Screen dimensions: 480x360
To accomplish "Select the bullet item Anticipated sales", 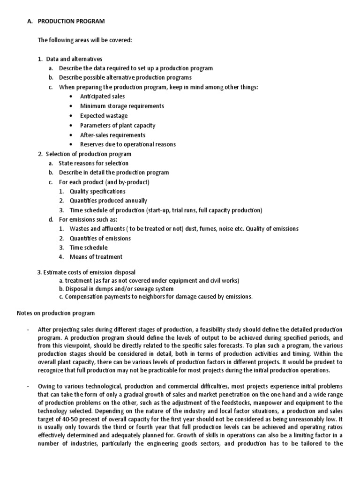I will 102,97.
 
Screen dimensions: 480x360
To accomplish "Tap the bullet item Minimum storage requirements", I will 122,106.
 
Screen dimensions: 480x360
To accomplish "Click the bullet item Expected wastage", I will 104,116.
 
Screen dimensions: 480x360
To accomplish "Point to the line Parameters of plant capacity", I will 118,125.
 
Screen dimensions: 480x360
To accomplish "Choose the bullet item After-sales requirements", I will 112,135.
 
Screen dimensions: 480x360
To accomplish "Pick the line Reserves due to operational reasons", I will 128,144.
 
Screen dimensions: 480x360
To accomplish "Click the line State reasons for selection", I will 93,163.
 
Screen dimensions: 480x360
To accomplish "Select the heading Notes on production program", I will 56,313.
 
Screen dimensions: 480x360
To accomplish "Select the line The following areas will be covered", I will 85,40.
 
